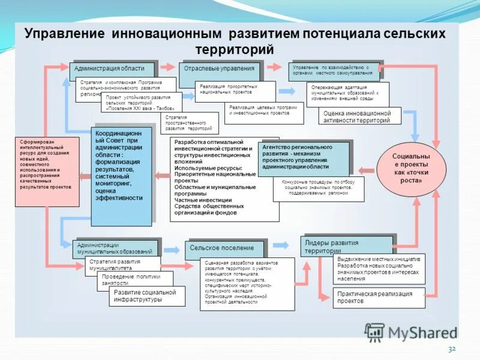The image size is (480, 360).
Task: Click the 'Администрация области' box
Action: (x=113, y=70)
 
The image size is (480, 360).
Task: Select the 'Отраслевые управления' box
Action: (x=220, y=70)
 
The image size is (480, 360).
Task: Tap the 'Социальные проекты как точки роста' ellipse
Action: (x=412, y=167)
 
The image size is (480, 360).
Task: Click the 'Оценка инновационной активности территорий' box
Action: (x=360, y=116)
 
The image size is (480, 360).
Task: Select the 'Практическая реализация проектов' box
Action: (x=379, y=298)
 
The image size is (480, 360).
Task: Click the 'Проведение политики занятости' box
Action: (x=134, y=280)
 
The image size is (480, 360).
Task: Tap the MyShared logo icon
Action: (x=374, y=332)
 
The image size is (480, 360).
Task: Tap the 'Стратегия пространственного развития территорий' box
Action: (x=189, y=123)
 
